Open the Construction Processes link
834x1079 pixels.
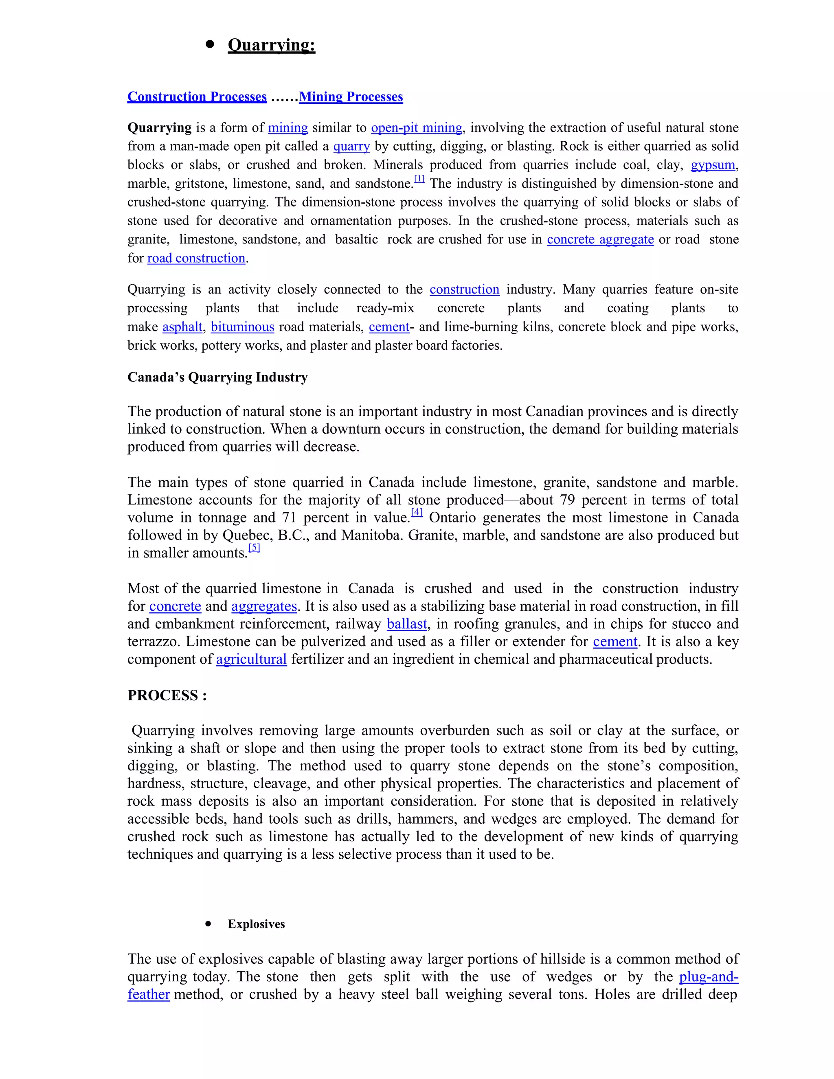(197, 96)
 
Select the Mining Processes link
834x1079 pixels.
(351, 96)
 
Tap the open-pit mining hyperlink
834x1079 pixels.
(417, 127)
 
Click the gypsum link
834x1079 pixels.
(713, 164)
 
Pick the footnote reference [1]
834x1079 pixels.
(419, 179)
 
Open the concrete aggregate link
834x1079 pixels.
(600, 239)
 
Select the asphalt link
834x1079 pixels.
(182, 327)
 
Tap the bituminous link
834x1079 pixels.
(242, 327)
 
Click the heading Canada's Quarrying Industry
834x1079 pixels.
(217, 377)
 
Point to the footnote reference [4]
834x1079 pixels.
(417, 512)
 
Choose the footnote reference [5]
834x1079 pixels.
(254, 547)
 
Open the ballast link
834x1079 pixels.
(407, 623)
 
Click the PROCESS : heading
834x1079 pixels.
(167, 695)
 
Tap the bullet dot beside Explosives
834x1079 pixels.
(208, 923)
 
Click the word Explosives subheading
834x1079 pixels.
(257, 924)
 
